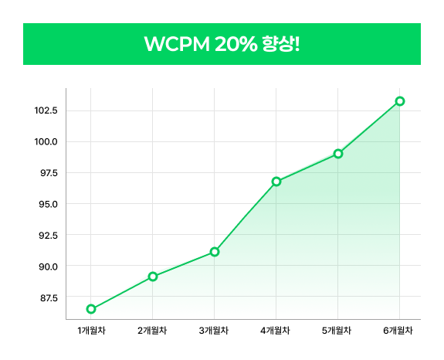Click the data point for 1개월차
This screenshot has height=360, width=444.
(x=91, y=309)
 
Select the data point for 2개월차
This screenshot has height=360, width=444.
(x=153, y=277)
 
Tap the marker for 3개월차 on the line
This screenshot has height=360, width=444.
(x=215, y=252)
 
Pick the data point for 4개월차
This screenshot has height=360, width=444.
(x=276, y=182)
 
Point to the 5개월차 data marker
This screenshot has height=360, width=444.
(x=338, y=154)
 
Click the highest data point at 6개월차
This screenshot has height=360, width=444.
(x=400, y=101)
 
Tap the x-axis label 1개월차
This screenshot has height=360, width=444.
(x=91, y=331)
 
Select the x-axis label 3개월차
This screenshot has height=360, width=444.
(x=215, y=331)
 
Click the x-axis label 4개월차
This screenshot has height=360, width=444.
(x=276, y=331)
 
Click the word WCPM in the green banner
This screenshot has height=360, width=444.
(x=175, y=44)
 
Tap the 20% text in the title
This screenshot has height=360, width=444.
(x=233, y=44)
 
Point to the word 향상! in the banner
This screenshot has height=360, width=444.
(x=280, y=44)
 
